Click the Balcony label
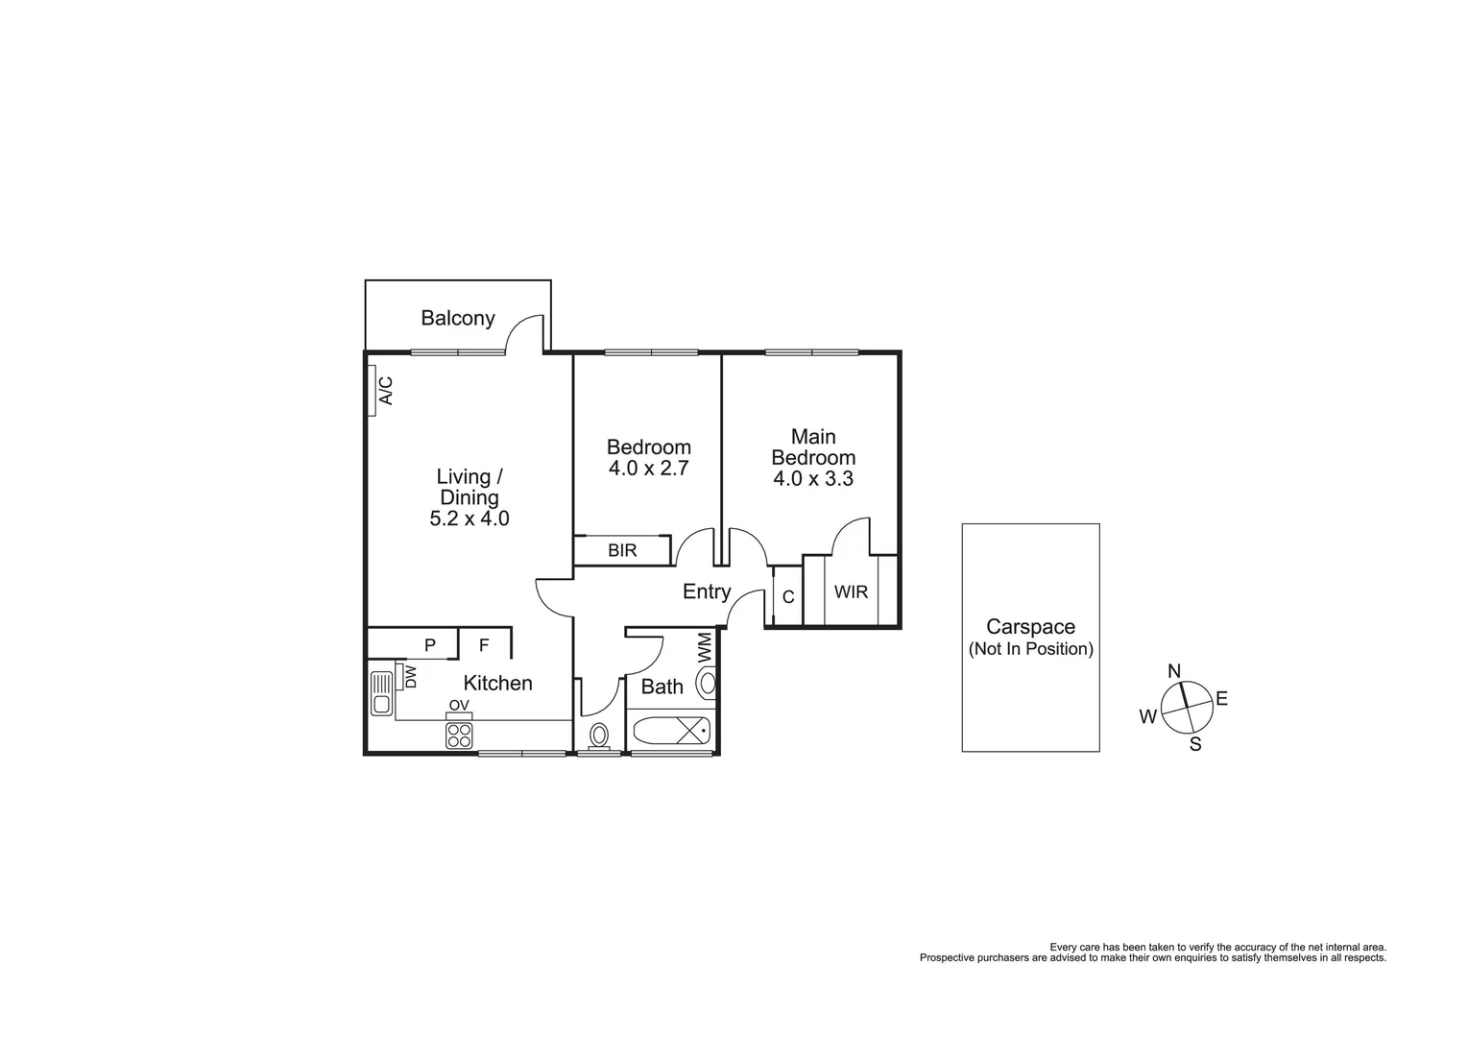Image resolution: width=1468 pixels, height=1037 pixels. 458,318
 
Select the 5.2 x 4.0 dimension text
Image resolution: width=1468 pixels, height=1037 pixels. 469,519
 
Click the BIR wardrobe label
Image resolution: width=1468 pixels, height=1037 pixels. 622,551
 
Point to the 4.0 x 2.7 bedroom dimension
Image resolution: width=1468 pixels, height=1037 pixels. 649,470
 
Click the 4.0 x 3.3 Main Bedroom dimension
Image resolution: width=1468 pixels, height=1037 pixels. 813,479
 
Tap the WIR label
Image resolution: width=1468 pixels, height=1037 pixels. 851,591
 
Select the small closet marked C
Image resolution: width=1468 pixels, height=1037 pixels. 788,597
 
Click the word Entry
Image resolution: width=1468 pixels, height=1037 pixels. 707,592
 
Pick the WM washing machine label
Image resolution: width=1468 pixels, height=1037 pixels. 705,645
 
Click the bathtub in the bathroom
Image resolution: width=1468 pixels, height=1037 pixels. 672,732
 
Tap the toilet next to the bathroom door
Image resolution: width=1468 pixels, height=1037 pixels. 599,736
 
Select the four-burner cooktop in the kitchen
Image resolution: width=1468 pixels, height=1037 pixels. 459,736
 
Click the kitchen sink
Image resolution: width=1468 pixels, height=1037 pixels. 382,692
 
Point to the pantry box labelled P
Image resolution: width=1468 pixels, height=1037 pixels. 429,645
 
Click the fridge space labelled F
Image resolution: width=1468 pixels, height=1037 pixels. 484,645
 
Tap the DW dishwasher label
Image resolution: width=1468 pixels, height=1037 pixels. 411,677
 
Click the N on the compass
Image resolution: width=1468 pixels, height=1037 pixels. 1173,670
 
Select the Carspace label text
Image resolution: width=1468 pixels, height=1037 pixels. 1031,627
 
